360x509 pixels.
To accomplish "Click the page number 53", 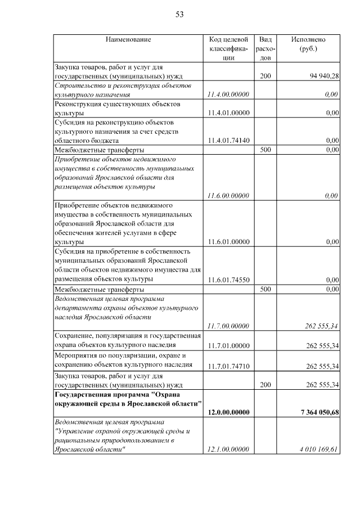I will (x=180, y=15).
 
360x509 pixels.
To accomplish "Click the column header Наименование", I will (x=128, y=40).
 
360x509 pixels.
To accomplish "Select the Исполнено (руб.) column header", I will (x=308, y=44).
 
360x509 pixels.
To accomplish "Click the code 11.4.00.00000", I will (x=228, y=94).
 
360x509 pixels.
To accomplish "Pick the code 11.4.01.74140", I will (x=228, y=140).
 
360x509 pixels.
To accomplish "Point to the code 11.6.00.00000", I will (x=228, y=196).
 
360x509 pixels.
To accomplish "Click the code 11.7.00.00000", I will (x=228, y=326).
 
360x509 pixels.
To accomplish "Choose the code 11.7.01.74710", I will (x=228, y=367).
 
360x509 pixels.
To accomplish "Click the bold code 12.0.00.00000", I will (x=228, y=413).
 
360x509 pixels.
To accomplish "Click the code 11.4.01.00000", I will (x=228, y=113).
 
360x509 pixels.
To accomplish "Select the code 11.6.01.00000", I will (x=228, y=242).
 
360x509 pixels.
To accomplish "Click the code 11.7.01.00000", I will (x=228, y=345).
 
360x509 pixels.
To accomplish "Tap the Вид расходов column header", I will (x=266, y=48).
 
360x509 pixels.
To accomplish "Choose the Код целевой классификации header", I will (x=228, y=48).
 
